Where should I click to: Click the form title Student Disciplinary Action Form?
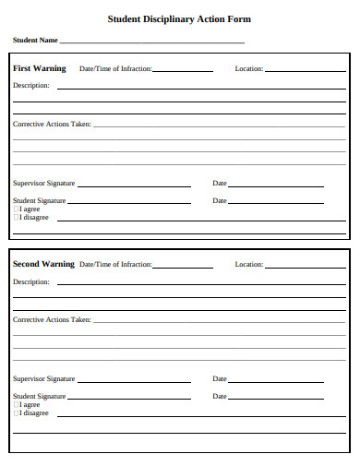(x=179, y=18)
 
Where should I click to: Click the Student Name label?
(x=35, y=41)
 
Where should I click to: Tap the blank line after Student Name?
(x=152, y=42)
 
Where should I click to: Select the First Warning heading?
(x=40, y=68)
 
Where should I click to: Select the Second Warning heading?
(x=43, y=264)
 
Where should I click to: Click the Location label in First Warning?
(x=248, y=69)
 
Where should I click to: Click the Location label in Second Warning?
(x=248, y=265)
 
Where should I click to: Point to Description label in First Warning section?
(x=30, y=86)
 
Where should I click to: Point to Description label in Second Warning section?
(x=30, y=281)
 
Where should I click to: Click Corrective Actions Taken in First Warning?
(x=52, y=124)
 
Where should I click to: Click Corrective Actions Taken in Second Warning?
(x=52, y=319)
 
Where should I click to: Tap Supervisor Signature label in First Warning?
(x=43, y=183)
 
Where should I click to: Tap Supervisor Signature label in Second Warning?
(x=43, y=378)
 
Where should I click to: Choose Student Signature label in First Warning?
(x=39, y=200)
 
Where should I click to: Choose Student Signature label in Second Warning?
(x=39, y=396)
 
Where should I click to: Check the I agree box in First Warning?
(x=16, y=209)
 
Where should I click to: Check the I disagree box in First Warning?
(x=16, y=218)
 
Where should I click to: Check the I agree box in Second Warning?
(x=16, y=405)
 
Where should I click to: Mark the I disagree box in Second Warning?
(x=16, y=413)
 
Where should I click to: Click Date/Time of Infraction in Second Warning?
(x=115, y=265)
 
